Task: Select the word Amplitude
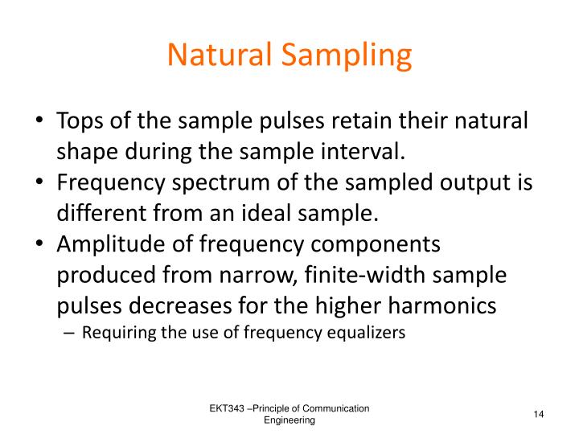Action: click(x=105, y=245)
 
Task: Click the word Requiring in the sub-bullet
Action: click(x=117, y=334)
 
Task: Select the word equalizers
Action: click(x=368, y=334)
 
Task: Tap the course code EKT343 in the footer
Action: click(x=228, y=409)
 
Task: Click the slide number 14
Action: click(x=539, y=414)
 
